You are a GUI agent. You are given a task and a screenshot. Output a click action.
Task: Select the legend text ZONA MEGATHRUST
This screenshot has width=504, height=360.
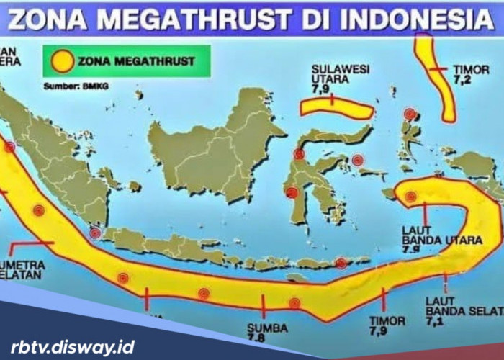click(x=136, y=61)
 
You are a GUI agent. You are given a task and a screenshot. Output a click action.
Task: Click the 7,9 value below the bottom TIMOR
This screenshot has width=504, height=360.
click(x=377, y=332)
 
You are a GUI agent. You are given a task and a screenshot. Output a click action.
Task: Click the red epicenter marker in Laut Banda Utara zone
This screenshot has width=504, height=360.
click(x=410, y=196)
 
